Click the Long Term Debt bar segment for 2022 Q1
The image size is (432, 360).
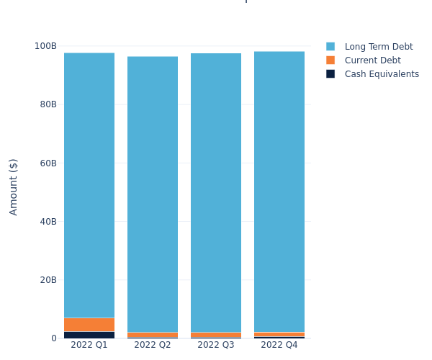click(x=89, y=185)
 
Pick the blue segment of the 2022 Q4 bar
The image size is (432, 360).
click(x=279, y=192)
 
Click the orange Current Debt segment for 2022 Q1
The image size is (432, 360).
click(x=89, y=325)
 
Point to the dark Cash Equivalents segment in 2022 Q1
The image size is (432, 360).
click(x=89, y=335)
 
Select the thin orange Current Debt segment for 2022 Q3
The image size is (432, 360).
click(x=216, y=335)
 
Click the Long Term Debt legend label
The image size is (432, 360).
click(x=379, y=47)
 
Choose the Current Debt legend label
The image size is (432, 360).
click(x=372, y=60)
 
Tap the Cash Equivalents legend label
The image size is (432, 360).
click(x=382, y=74)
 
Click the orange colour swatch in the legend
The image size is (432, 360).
click(x=330, y=60)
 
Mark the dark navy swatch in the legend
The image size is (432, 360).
click(x=330, y=74)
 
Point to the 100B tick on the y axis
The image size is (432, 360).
click(x=45, y=46)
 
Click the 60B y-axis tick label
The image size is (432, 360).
click(x=48, y=163)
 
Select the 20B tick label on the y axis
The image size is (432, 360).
click(x=48, y=280)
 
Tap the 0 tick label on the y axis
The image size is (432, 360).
click(x=54, y=338)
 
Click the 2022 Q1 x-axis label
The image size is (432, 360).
click(x=89, y=345)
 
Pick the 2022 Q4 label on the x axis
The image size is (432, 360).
click(x=279, y=345)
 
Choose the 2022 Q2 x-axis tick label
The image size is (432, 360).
click(x=153, y=345)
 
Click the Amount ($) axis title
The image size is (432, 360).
click(x=14, y=186)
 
